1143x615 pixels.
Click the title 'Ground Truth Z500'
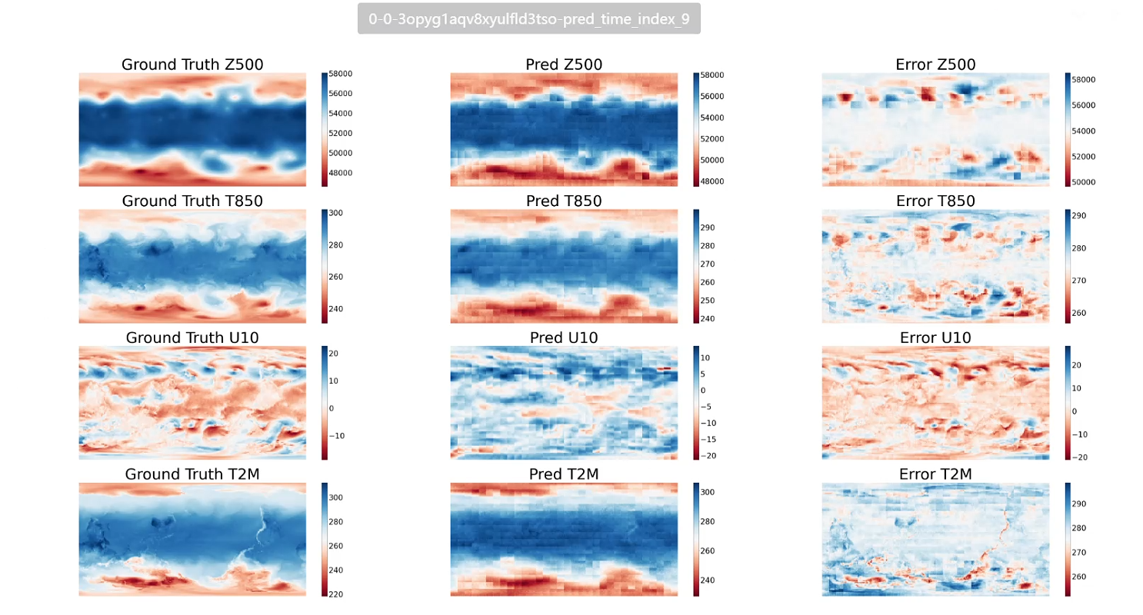coord(192,65)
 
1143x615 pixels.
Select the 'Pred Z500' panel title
coord(564,65)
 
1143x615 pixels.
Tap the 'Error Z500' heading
coord(935,65)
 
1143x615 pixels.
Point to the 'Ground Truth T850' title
coord(192,201)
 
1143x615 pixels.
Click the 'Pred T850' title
coord(564,201)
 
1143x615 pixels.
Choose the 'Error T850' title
coord(935,201)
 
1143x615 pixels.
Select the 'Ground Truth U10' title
coord(192,337)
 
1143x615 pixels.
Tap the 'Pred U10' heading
coord(564,337)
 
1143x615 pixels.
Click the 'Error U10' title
coord(935,337)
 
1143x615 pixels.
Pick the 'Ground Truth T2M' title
coord(192,474)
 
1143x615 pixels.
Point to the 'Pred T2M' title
coord(564,474)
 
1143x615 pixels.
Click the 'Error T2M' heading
coord(935,474)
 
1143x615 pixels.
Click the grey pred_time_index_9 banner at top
coord(528,19)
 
